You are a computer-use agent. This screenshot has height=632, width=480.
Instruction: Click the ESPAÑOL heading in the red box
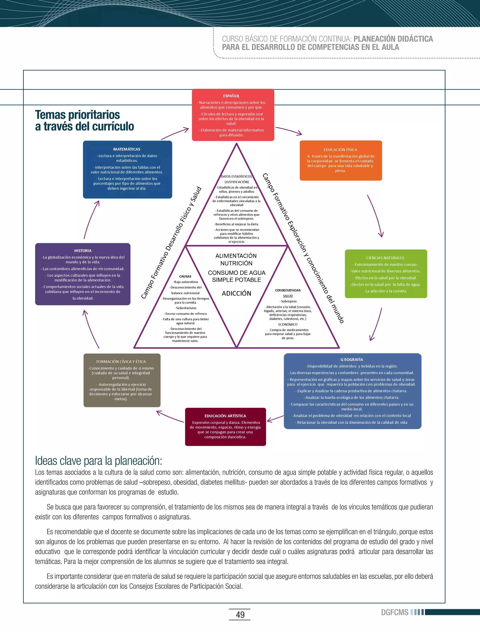pyautogui.click(x=231, y=96)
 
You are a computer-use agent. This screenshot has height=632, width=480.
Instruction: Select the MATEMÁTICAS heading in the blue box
pyautogui.click(x=127, y=149)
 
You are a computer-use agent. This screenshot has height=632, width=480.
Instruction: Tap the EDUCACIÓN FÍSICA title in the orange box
pyautogui.click(x=340, y=150)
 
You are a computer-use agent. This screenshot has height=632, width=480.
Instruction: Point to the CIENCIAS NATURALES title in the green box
pyautogui.click(x=385, y=258)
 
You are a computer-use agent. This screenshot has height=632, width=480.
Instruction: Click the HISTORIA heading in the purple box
pyautogui.click(x=83, y=251)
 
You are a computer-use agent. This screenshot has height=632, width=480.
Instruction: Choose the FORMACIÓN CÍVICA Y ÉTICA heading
pyautogui.click(x=121, y=361)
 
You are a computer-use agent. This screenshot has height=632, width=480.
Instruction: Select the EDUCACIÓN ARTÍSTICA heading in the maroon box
pyautogui.click(x=225, y=416)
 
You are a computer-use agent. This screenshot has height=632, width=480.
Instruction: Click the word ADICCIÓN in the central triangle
pyautogui.click(x=236, y=293)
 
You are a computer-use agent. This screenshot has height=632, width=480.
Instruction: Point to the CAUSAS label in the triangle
pyautogui.click(x=185, y=276)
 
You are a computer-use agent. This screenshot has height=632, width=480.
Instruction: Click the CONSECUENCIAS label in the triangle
pyautogui.click(x=288, y=290)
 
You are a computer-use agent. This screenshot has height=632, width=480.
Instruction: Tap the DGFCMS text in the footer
pyautogui.click(x=395, y=612)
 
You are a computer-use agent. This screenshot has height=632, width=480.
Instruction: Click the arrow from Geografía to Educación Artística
pyautogui.click(x=275, y=419)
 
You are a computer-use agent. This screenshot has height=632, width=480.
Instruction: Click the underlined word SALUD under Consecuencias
pyautogui.click(x=288, y=296)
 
